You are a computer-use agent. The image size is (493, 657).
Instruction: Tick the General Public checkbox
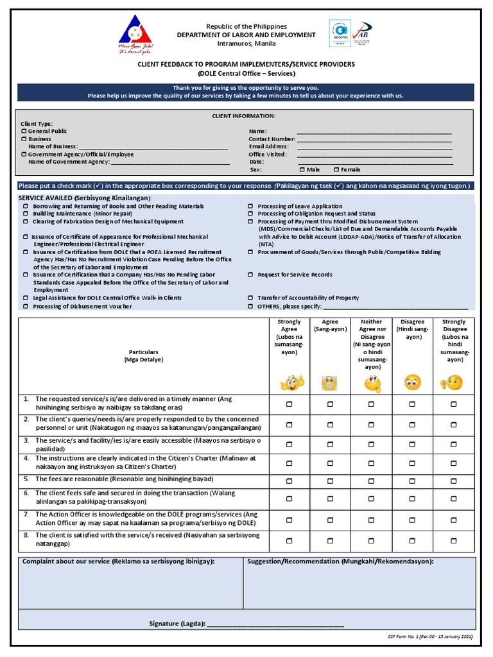coord(24,132)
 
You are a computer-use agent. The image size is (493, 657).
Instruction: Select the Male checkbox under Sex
coord(302,170)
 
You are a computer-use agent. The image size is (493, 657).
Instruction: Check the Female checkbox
coord(336,170)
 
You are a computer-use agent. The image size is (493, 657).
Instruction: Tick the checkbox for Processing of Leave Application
coord(251,207)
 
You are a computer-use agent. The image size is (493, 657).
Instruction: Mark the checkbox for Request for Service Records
coord(251,275)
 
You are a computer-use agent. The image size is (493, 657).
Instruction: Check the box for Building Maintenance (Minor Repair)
coord(26,214)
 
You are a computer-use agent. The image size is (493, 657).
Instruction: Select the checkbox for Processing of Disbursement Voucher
coord(26,306)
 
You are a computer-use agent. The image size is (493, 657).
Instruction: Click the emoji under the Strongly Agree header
coord(289,383)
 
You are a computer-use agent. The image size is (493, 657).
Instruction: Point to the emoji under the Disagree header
coord(412,383)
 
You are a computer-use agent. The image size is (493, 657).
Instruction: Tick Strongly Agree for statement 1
coord(289,404)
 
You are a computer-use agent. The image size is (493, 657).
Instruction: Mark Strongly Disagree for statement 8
coord(454,541)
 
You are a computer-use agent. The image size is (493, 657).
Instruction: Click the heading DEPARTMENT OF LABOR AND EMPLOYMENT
coord(246,35)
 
